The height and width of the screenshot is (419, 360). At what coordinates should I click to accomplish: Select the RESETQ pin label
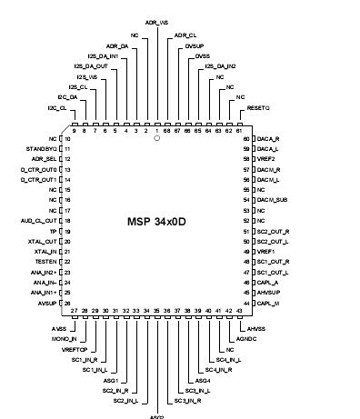pyautogui.click(x=259, y=107)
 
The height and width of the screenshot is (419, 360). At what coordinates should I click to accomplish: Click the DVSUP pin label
pyautogui.click(x=195, y=45)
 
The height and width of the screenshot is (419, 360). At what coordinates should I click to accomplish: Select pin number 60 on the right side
pyautogui.click(x=245, y=138)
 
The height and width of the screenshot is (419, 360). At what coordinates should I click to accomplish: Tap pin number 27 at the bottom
pyautogui.click(x=74, y=311)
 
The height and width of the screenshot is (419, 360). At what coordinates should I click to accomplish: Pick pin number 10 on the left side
pyautogui.click(x=67, y=138)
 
